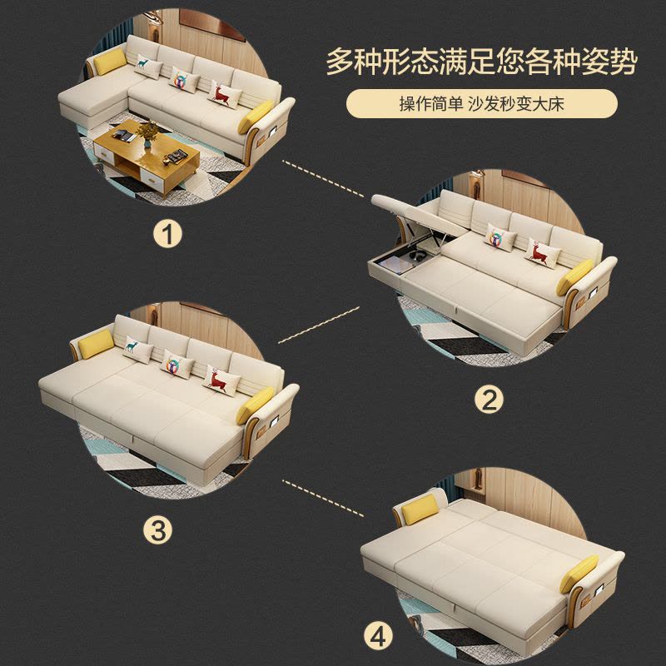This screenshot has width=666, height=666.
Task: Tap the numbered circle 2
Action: [x=489, y=400]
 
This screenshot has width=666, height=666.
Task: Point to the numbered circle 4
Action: [x=379, y=638]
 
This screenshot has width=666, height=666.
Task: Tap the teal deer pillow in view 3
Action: [x=135, y=346]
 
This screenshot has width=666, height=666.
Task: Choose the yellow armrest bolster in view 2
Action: [x=579, y=274]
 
